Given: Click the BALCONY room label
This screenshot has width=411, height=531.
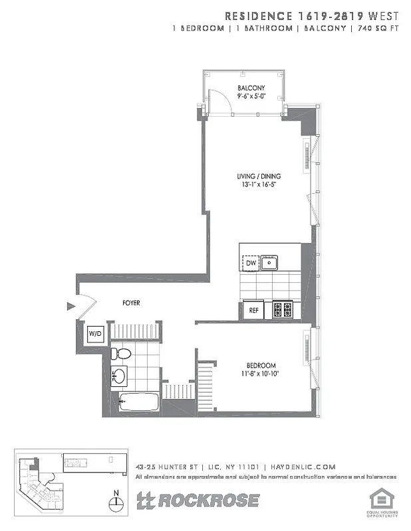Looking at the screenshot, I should pyautogui.click(x=251, y=88).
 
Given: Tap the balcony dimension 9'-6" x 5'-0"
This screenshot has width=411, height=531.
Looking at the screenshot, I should pyautogui.click(x=251, y=96).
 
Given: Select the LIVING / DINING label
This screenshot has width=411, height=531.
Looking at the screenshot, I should pyautogui.click(x=259, y=176).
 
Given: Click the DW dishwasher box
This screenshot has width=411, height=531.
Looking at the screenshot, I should pyautogui.click(x=251, y=264).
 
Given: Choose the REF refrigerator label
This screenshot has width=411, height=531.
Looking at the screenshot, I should pyautogui.click(x=253, y=310).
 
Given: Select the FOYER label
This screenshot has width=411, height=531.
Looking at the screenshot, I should pyautogui.click(x=130, y=303).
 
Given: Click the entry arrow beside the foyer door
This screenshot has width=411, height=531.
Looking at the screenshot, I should pyautogui.click(x=71, y=306).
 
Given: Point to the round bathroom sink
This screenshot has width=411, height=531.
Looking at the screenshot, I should pyautogui.click(x=118, y=376).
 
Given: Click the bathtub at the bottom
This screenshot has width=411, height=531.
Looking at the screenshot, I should pyautogui.click(x=139, y=402).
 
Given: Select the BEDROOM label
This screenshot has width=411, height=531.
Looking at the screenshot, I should pyautogui.click(x=261, y=366).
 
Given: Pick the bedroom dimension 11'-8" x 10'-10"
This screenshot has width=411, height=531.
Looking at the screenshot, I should pyautogui.click(x=261, y=374).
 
